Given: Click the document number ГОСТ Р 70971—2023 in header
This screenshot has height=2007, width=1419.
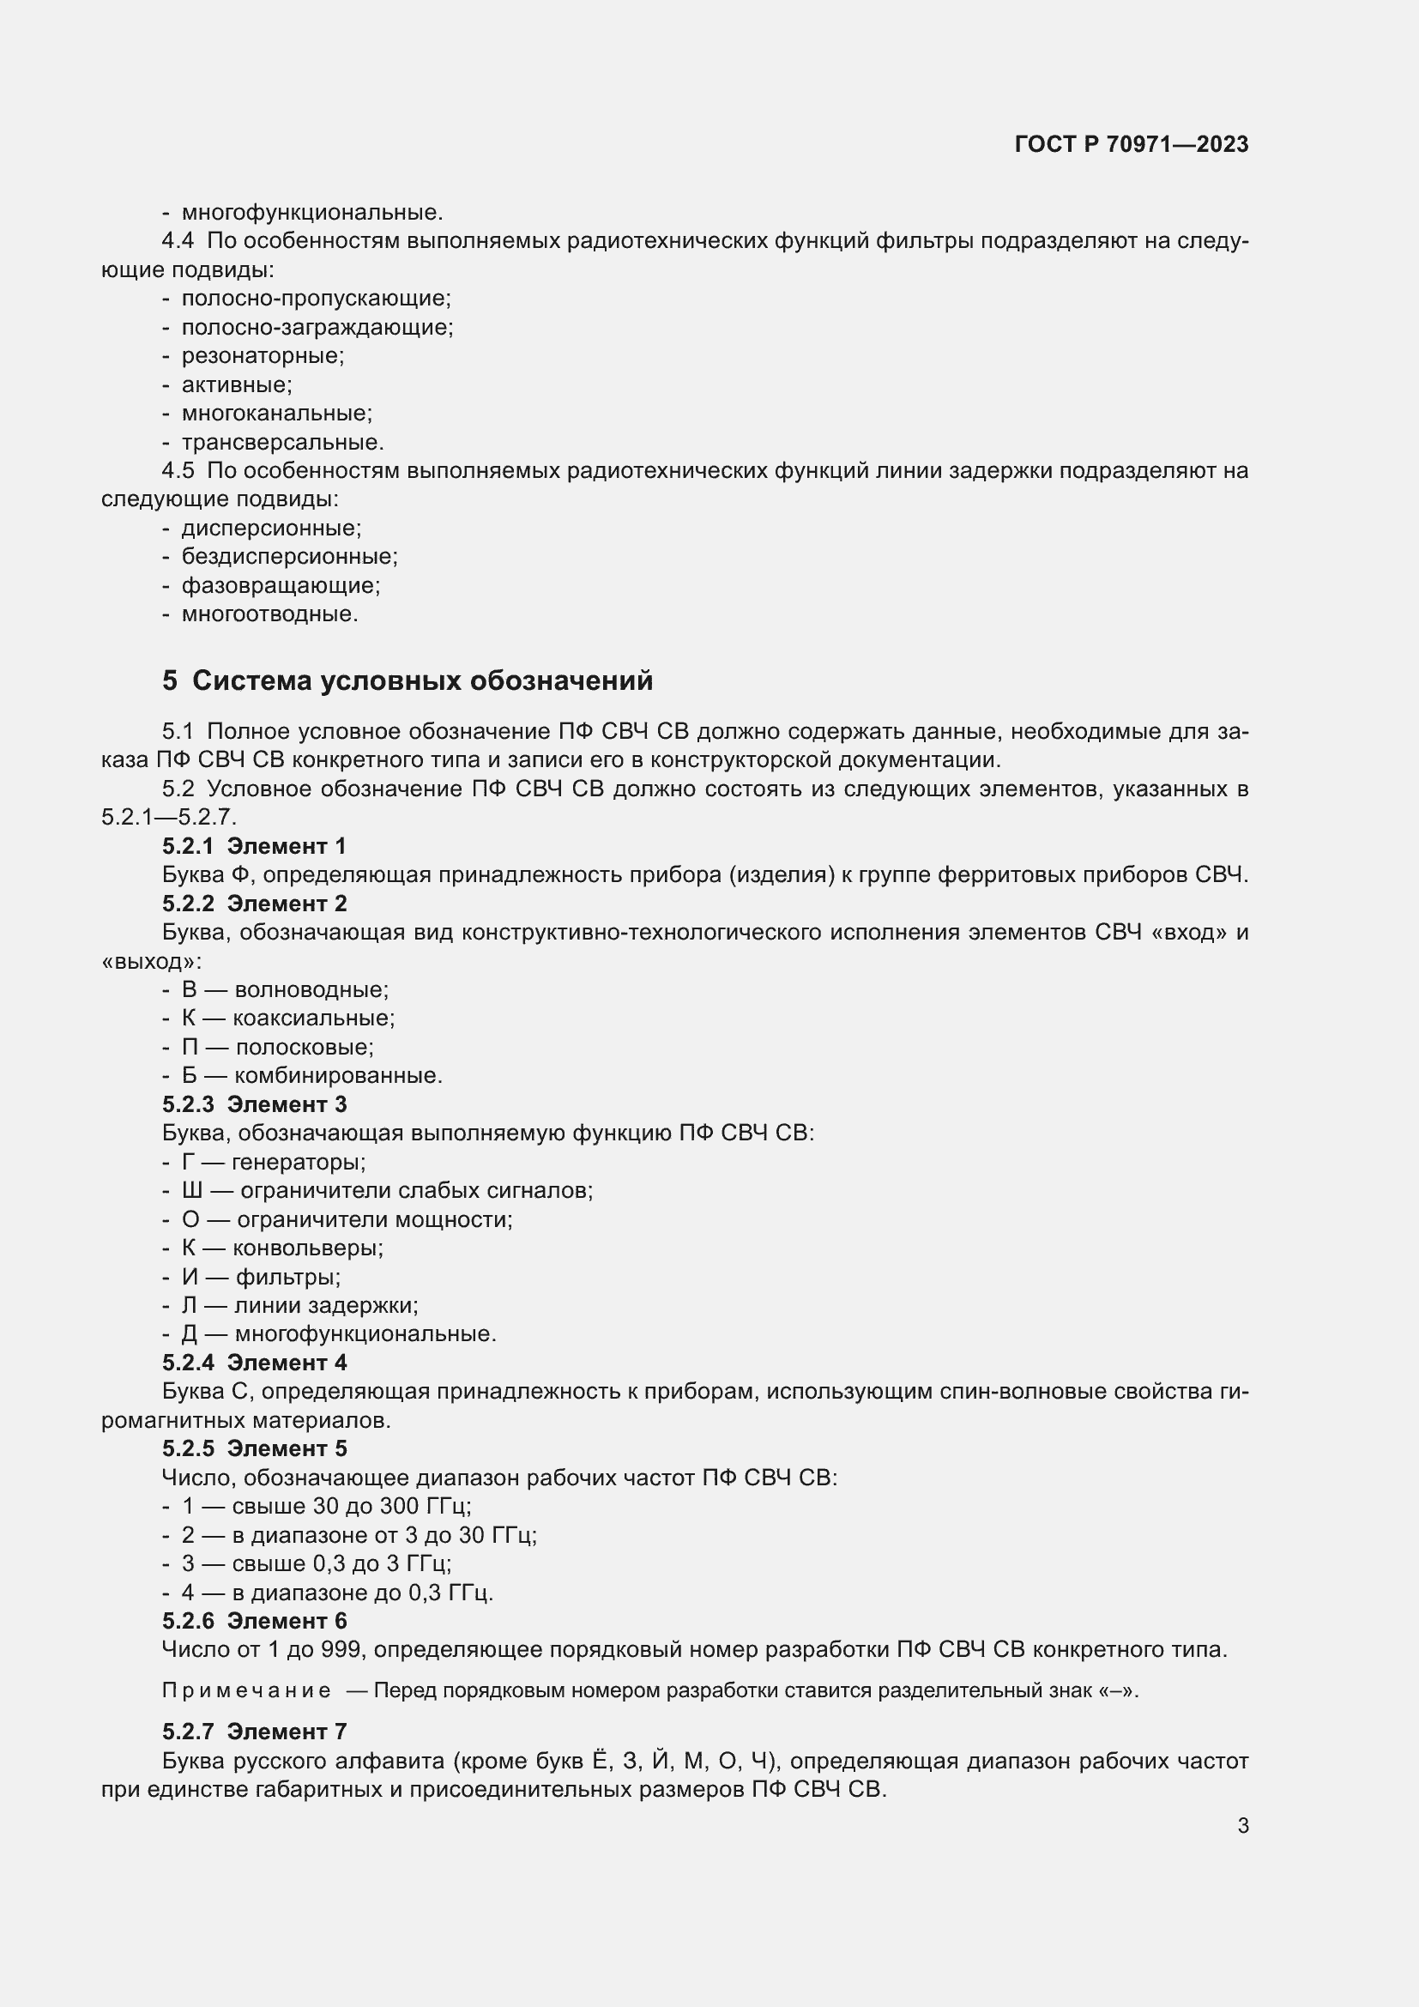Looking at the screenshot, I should [1132, 144].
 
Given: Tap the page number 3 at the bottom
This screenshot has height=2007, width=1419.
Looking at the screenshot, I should [1242, 1825].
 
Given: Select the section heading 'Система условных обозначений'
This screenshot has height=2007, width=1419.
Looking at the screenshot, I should [422, 680].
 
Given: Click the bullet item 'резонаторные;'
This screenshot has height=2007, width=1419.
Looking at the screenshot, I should [263, 356].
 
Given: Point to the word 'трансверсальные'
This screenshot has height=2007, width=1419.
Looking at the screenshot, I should [281, 441].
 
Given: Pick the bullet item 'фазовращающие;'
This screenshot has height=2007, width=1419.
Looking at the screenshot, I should [281, 585].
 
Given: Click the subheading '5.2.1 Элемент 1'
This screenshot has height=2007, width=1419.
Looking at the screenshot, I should [254, 845].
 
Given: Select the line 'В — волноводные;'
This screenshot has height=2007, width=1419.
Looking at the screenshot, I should [285, 989].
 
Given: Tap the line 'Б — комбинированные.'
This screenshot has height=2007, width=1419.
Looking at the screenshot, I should [312, 1075].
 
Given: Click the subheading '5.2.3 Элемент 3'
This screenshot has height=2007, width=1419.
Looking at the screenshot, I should [254, 1104].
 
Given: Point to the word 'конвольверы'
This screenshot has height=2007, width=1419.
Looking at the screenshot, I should [305, 1248].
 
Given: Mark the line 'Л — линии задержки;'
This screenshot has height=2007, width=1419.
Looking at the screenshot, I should [299, 1305].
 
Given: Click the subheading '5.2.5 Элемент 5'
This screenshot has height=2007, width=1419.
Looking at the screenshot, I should [254, 1448].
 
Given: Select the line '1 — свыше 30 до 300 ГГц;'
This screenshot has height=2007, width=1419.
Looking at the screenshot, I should [326, 1506].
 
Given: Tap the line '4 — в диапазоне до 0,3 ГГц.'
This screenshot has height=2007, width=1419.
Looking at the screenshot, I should [337, 1592].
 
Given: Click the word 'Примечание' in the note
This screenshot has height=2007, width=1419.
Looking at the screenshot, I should [246, 1690].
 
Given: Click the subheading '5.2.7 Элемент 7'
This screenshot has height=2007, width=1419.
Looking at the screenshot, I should [254, 1731].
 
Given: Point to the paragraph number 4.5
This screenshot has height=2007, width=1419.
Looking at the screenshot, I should [178, 470].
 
